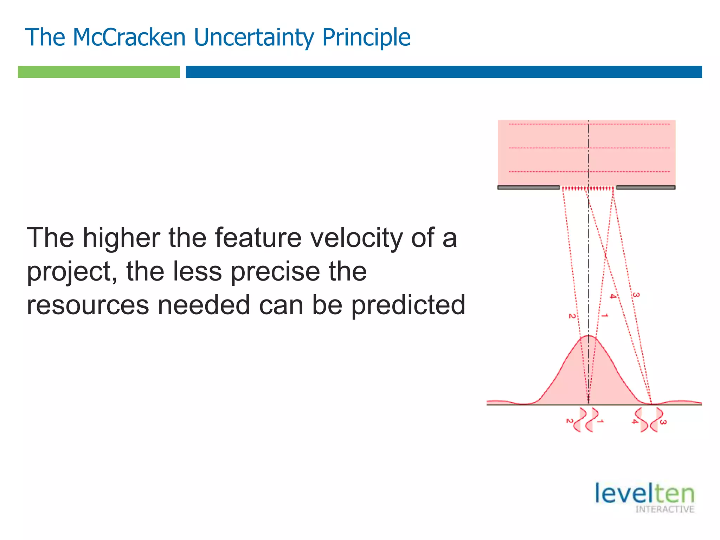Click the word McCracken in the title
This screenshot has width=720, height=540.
129,37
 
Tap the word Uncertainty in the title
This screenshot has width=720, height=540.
253,37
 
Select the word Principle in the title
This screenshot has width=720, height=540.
366,37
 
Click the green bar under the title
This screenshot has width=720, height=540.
99,72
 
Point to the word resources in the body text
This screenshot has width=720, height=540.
88,305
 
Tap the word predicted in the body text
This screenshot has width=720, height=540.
408,305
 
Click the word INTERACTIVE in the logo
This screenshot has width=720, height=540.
664,509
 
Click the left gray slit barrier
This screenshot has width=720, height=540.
528,187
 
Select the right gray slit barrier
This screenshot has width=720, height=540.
645,187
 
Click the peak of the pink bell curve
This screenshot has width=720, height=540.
588,336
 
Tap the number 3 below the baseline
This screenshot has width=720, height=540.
663,422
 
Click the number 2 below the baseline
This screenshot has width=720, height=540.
569,421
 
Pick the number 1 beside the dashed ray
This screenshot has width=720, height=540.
604,315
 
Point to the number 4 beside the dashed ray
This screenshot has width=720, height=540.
613,296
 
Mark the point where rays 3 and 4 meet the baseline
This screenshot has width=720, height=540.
651,404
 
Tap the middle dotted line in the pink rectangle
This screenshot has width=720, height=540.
589,148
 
